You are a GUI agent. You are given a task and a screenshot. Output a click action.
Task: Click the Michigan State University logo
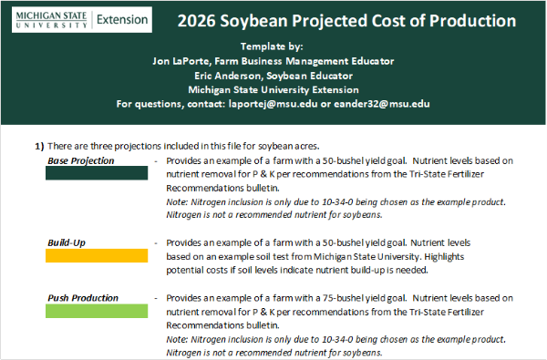(x=46, y=19)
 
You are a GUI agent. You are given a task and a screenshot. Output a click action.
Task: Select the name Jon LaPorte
(x=187, y=61)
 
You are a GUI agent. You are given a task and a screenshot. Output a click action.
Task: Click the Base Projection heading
(x=81, y=160)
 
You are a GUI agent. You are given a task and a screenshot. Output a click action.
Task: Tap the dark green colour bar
(x=98, y=173)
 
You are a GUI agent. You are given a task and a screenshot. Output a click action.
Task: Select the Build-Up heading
(x=65, y=243)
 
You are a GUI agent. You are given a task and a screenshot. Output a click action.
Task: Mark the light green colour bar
(x=98, y=311)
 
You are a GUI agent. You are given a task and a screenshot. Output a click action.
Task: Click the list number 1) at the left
(x=39, y=145)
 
